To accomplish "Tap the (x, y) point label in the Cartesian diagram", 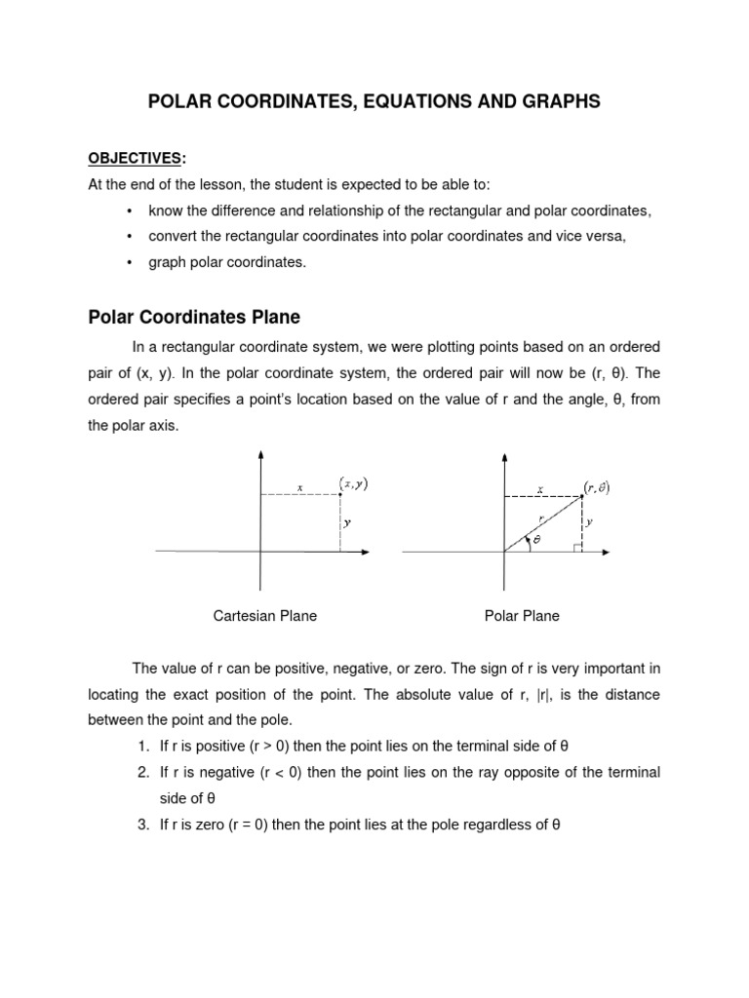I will (353, 482).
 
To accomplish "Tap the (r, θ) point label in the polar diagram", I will (596, 485).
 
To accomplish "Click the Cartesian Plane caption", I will (264, 616).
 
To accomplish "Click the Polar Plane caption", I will (522, 616).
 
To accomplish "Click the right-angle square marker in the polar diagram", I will (578, 548).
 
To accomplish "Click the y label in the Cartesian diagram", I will (347, 522).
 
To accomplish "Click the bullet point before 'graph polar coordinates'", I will (130, 263).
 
